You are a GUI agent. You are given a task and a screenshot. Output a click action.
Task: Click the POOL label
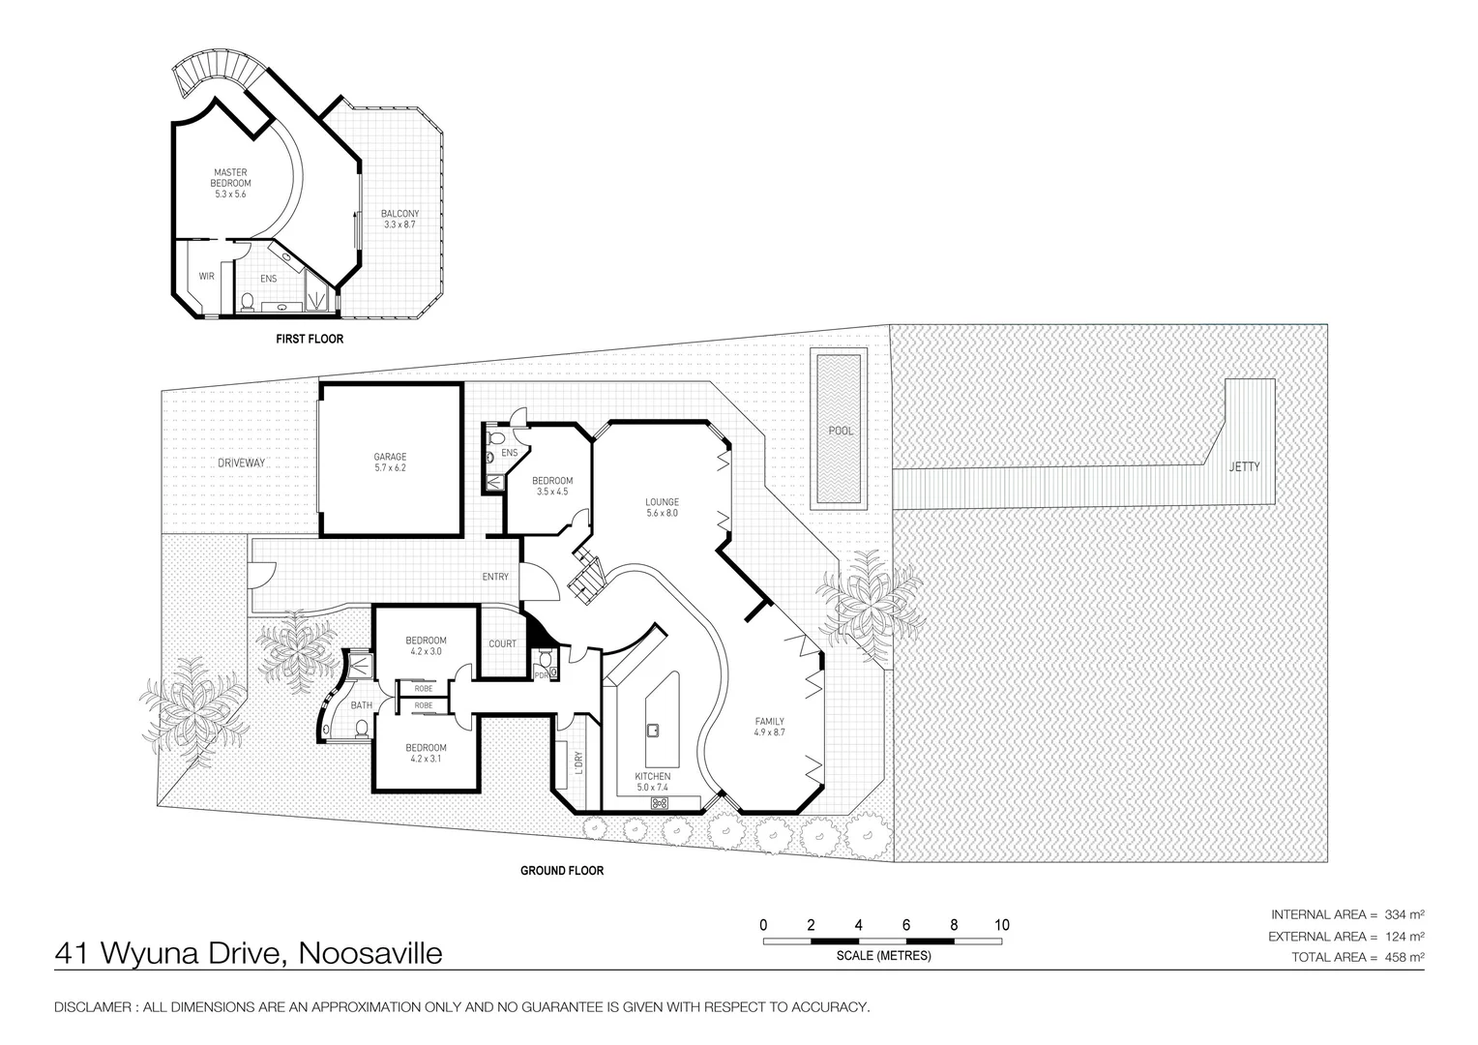pos(841,431)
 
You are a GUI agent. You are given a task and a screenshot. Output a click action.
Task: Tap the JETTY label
pos(1244,466)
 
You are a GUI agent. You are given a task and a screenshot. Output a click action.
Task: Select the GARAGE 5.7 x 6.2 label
pos(390,463)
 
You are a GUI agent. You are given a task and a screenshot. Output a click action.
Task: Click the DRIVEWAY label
pos(241,463)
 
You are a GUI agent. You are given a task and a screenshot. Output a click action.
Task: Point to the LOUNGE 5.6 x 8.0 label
pos(663,508)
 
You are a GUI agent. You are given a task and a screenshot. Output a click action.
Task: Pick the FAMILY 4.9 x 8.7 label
pos(769,727)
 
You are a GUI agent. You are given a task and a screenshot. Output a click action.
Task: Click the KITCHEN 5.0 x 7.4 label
pos(652,783)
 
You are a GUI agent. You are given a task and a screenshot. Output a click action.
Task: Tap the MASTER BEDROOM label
pos(231,183)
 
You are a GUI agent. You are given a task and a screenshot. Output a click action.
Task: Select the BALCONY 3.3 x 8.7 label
pos(399,219)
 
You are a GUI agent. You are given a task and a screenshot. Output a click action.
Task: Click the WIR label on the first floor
pos(206,277)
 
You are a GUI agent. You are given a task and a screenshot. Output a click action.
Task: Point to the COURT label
pos(502,643)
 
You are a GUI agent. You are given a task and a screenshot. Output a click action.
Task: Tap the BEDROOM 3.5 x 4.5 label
pos(552,486)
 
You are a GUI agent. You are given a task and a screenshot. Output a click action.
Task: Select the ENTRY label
pos(495,578)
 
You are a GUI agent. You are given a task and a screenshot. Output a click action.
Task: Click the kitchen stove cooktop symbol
pos(662,802)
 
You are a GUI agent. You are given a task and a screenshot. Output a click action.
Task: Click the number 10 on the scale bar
pos(1001,925)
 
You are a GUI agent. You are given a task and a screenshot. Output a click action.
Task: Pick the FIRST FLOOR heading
pos(310,340)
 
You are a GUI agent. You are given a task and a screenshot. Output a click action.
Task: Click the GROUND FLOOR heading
pos(562,871)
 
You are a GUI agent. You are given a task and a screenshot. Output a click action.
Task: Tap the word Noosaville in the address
pos(370,954)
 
